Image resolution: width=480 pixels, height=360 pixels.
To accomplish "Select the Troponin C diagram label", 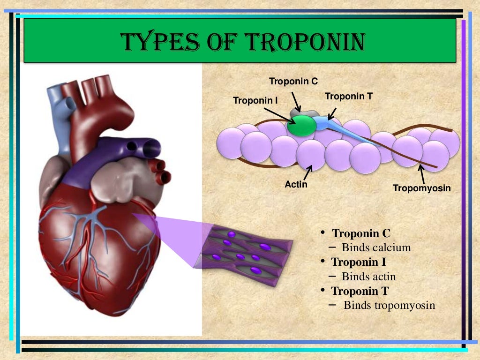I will (x=293, y=82).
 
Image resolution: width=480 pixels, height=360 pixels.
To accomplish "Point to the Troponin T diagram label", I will (x=348, y=97).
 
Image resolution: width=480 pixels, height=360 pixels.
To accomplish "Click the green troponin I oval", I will (x=302, y=126).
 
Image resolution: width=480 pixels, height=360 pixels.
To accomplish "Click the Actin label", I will (x=296, y=184).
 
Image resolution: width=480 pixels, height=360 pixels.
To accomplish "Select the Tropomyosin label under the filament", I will (x=421, y=188).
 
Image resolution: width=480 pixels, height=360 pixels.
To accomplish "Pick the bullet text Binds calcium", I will (x=376, y=247).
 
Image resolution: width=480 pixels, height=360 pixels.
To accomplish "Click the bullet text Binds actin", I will (x=368, y=277).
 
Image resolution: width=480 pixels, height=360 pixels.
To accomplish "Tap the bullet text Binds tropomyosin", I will (x=389, y=306).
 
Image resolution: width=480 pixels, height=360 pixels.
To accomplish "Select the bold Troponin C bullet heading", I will (x=361, y=233).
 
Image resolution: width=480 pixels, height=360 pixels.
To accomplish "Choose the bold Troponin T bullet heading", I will (x=360, y=291).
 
